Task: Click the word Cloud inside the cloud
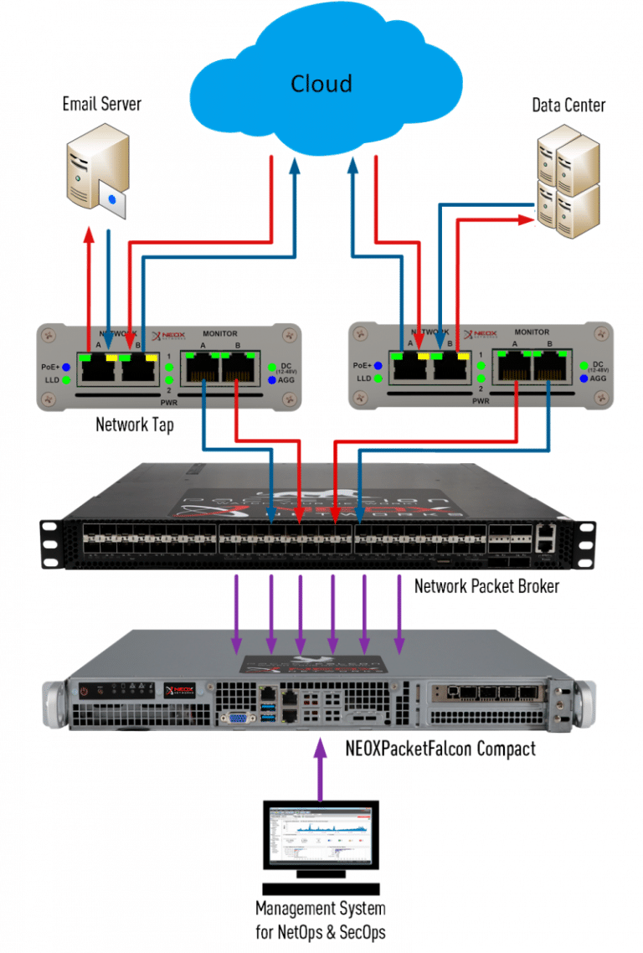click(321, 84)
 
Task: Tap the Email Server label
click(102, 104)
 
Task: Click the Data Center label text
click(568, 106)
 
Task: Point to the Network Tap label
click(134, 425)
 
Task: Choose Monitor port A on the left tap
click(201, 369)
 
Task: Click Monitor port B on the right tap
click(550, 369)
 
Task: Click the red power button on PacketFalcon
click(85, 691)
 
